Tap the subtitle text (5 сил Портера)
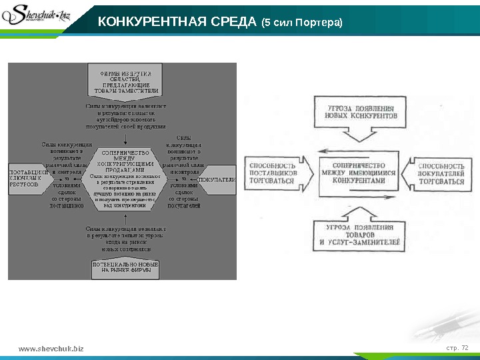click(x=302, y=23)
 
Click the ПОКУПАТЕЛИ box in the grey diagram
click(x=217, y=179)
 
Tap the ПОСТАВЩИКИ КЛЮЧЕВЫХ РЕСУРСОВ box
click(x=29, y=178)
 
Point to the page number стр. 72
click(x=457, y=347)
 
